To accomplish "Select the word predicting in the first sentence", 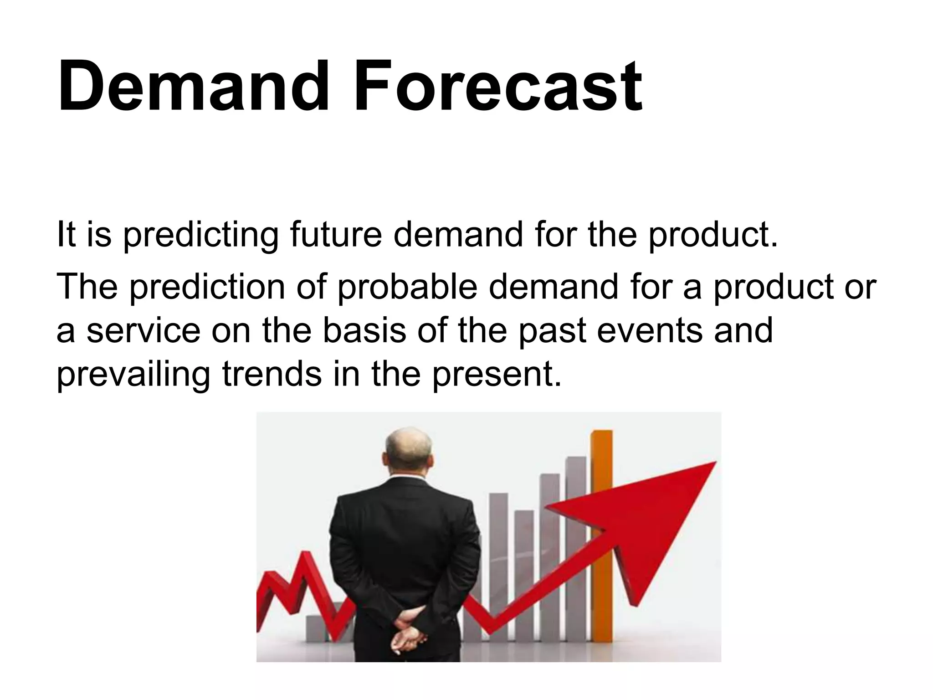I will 200,235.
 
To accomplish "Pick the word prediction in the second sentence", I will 207,287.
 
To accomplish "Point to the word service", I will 144,331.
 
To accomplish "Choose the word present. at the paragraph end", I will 497,375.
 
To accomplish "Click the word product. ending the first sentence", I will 713,235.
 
